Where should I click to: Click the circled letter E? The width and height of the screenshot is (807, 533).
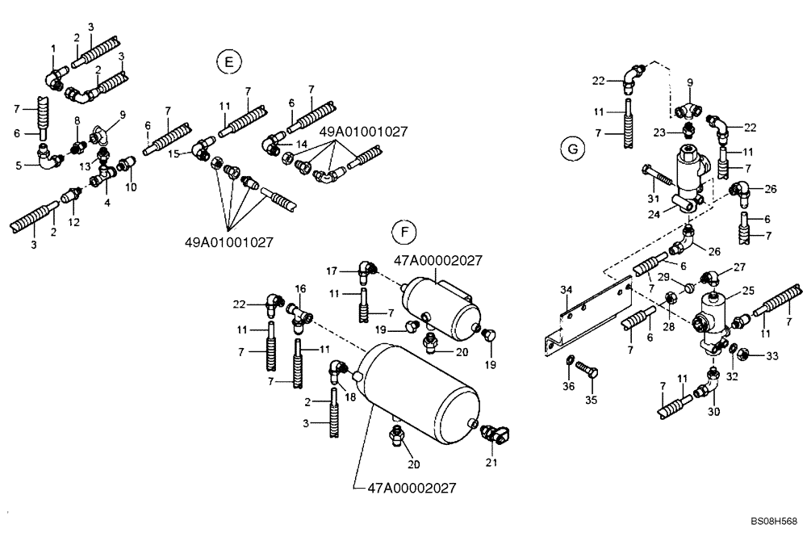coord(229,62)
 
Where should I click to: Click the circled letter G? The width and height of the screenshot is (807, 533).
coord(572,149)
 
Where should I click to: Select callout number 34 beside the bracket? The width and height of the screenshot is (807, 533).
coord(567,289)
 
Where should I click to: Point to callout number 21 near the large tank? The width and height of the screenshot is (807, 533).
coord(491,463)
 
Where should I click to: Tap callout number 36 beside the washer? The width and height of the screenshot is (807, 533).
coord(569,386)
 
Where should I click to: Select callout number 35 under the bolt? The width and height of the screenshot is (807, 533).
coord(591,399)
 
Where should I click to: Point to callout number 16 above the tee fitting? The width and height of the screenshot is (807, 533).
coord(299,288)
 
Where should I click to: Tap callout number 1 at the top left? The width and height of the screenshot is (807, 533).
coord(53,48)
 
